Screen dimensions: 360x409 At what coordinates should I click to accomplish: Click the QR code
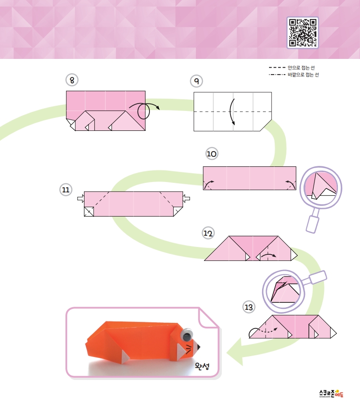(303, 32)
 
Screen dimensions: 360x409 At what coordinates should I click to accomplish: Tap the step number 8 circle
(72, 80)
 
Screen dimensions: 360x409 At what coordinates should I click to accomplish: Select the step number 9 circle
(196, 81)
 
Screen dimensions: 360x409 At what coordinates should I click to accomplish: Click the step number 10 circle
(211, 154)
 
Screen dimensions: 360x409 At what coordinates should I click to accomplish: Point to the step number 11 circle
(66, 190)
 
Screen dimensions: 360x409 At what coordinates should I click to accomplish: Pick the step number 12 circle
(208, 233)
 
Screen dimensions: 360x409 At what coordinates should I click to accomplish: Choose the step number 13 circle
(249, 307)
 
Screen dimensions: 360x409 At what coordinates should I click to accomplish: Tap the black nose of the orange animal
(198, 347)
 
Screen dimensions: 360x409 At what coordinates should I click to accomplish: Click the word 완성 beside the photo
(202, 366)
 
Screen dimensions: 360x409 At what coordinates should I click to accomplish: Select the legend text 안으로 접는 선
(301, 68)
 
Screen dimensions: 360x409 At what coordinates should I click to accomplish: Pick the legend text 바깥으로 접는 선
(303, 75)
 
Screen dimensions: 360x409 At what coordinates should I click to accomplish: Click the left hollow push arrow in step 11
(81, 199)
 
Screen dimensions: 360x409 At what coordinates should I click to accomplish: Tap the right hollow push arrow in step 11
(187, 199)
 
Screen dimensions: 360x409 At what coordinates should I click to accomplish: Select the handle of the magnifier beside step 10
(313, 224)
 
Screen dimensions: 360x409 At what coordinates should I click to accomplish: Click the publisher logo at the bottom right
(331, 393)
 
